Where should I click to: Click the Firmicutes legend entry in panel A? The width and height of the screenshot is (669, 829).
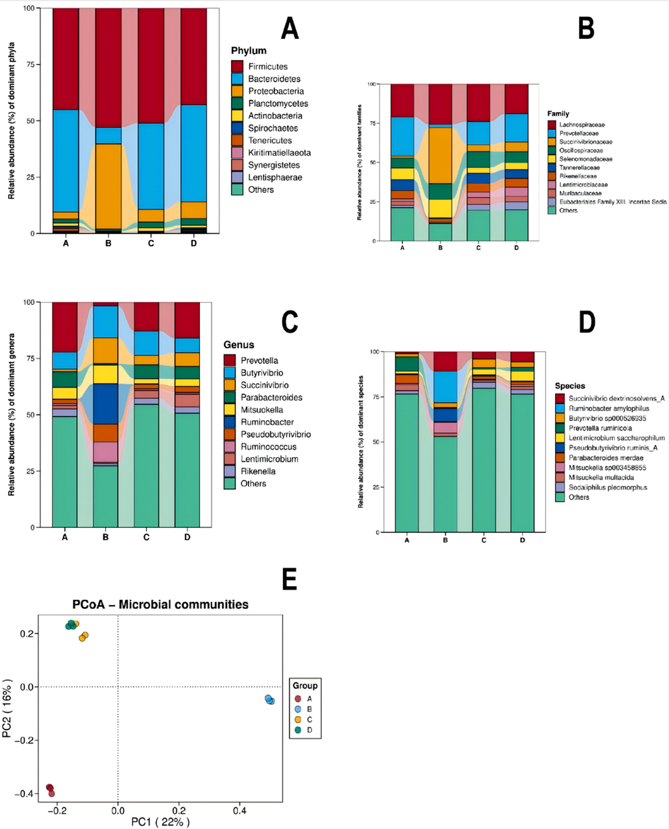[267, 66]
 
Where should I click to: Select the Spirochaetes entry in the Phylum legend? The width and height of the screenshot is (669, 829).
[273, 128]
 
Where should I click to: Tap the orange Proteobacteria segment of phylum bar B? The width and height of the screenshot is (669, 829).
[108, 185]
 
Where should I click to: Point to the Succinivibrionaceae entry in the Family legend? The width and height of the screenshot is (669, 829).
[585, 142]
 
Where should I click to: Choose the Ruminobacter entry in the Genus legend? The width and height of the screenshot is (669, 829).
[267, 422]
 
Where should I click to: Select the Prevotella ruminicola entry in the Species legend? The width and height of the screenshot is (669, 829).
[600, 428]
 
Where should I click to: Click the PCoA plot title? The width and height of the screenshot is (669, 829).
[160, 605]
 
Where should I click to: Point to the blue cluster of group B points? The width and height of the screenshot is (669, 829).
[269, 700]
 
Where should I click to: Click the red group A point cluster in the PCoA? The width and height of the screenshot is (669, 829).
[50, 790]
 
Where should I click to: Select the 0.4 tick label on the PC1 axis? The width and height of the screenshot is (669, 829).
[239, 811]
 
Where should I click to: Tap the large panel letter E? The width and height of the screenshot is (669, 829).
[289, 579]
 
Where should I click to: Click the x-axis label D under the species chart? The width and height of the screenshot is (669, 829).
[522, 541]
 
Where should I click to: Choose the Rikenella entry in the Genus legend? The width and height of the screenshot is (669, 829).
[258, 471]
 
